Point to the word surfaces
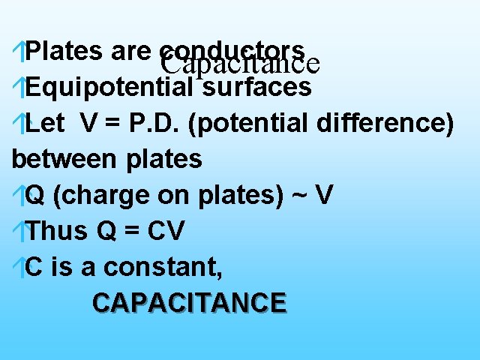tap(256, 88)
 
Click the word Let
tap(43, 124)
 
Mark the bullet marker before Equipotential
tap(19, 88)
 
